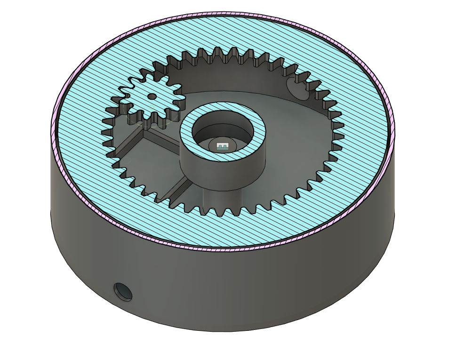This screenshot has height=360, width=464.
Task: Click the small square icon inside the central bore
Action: coord(223,146)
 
